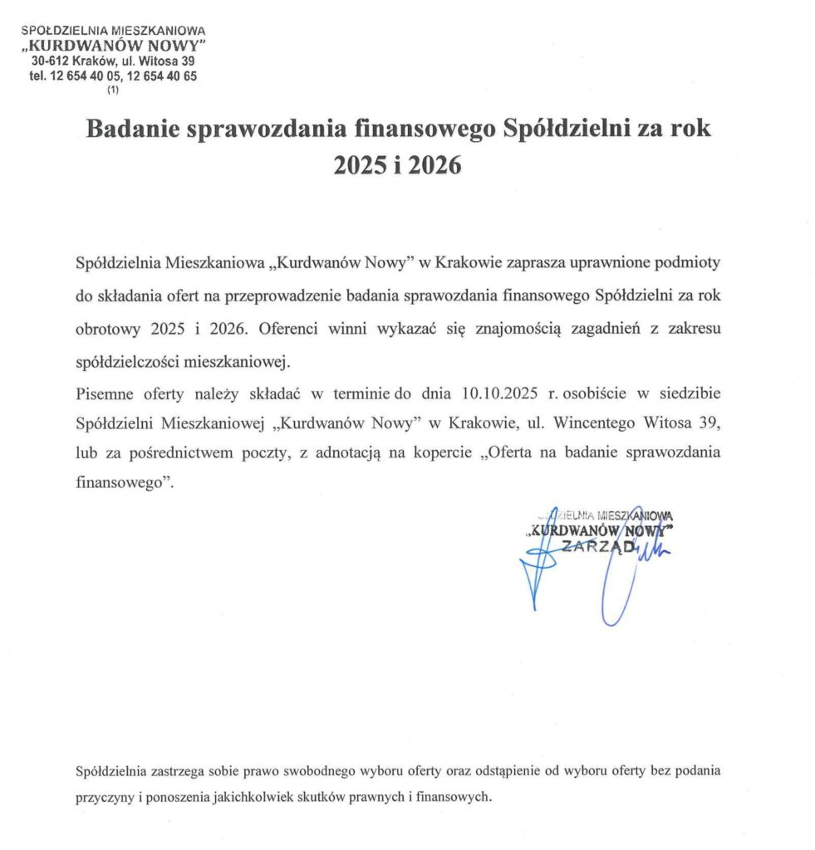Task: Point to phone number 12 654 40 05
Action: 86,76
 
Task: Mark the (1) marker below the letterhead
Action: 113,90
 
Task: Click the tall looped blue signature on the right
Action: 621,573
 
